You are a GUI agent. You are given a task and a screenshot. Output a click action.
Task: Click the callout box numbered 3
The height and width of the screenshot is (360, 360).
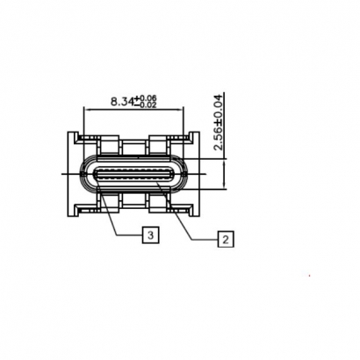tap(150, 234)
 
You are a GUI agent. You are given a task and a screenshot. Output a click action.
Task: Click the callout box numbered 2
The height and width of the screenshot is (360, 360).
tap(226, 238)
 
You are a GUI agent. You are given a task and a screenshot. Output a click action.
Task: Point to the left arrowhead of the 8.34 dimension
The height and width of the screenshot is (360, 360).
tap(85, 110)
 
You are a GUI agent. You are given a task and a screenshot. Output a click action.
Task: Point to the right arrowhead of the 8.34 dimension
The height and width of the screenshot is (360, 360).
tap(187, 110)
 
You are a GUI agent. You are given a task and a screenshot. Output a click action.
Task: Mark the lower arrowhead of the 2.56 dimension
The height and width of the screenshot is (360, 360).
tap(227, 188)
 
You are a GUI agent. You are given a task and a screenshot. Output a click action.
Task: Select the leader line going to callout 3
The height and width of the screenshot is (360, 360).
tap(119, 216)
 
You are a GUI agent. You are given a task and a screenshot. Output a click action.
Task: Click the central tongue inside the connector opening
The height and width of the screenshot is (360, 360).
tap(135, 174)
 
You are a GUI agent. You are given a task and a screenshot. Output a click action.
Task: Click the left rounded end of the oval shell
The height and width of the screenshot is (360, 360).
tap(85, 174)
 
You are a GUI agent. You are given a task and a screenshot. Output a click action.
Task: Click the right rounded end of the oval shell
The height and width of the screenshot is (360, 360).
tap(186, 174)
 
